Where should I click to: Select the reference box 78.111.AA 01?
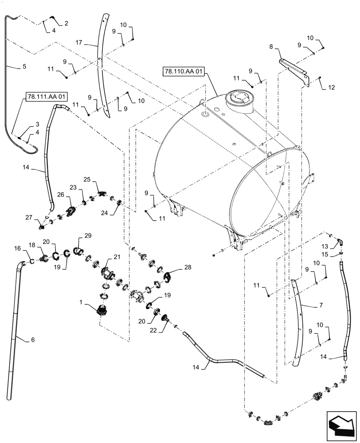tap(47, 96)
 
